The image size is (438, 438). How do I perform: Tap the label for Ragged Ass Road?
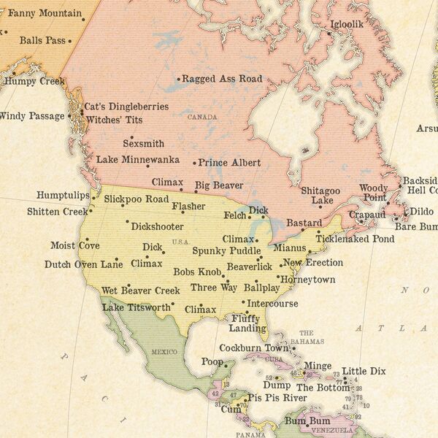(222, 79)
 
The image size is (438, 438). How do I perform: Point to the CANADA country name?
(202, 117)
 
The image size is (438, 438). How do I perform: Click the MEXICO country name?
(164, 352)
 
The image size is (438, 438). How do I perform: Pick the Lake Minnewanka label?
(138, 159)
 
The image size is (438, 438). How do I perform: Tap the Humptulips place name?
(64, 196)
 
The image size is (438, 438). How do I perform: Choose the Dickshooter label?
(158, 226)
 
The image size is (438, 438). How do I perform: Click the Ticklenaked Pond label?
(355, 239)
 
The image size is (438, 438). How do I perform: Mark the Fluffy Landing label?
(248, 323)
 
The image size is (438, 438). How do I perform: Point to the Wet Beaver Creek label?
(141, 291)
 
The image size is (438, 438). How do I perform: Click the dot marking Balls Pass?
(70, 41)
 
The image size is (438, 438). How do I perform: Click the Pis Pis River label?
(277, 398)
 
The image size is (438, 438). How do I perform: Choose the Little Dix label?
(364, 372)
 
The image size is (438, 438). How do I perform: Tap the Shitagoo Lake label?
(322, 195)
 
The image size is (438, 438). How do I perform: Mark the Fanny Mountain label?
(45, 13)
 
